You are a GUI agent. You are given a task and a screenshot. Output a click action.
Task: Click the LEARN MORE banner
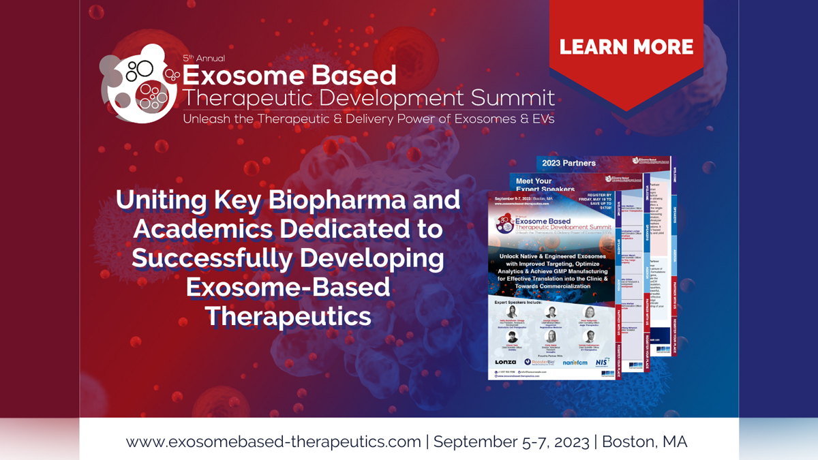point(626,47)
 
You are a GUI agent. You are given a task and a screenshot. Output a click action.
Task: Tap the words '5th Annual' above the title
point(204,59)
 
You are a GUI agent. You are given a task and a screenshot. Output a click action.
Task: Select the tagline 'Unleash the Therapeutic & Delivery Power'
point(368,119)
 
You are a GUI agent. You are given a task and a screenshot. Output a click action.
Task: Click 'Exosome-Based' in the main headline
point(288,288)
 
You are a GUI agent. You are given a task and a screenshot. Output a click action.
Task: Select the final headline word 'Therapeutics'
point(288,316)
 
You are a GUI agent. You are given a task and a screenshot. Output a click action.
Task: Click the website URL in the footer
point(273,441)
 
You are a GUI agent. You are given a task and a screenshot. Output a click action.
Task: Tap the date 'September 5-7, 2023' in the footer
point(511,441)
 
